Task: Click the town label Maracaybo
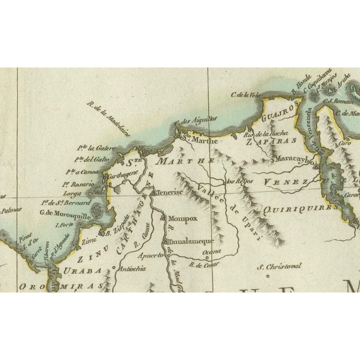[298, 160]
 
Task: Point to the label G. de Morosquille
[64, 212]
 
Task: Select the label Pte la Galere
[96, 147]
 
